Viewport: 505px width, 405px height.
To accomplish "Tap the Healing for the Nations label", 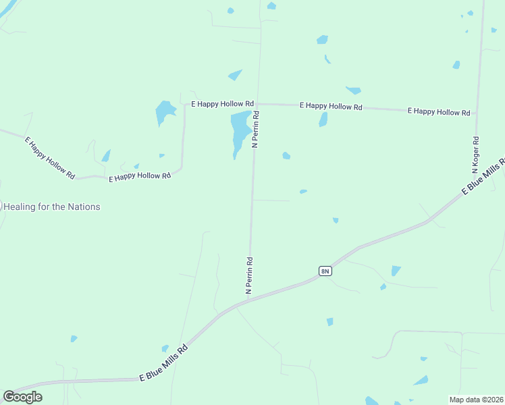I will (x=52, y=207).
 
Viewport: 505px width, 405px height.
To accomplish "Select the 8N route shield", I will (x=325, y=271).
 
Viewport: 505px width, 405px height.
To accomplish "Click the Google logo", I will (x=23, y=397).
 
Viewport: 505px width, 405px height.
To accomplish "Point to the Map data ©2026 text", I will (x=476, y=399).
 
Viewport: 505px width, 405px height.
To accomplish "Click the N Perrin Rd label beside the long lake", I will (x=256, y=130).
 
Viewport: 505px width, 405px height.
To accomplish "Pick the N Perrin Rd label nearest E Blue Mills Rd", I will (x=249, y=275).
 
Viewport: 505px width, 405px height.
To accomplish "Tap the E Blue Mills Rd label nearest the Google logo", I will (x=163, y=365).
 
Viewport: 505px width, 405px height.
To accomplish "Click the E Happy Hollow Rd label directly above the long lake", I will (x=222, y=104).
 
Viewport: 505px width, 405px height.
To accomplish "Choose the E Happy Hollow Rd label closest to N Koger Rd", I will (x=439, y=111).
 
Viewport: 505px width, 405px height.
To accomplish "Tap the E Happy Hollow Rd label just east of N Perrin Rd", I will (x=331, y=107).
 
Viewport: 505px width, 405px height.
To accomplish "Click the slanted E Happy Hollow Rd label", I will (x=49, y=158).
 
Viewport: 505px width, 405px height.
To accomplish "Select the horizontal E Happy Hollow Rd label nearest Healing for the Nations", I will (x=140, y=176).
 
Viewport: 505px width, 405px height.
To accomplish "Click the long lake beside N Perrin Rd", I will (x=239, y=131).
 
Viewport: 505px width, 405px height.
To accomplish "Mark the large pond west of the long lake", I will (x=164, y=111).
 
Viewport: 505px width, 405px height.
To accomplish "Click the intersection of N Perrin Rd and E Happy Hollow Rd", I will (x=257, y=104).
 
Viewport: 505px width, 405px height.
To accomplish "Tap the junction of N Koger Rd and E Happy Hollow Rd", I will (x=477, y=113).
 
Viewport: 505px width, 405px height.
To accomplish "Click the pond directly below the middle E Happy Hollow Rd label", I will (x=323, y=120).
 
